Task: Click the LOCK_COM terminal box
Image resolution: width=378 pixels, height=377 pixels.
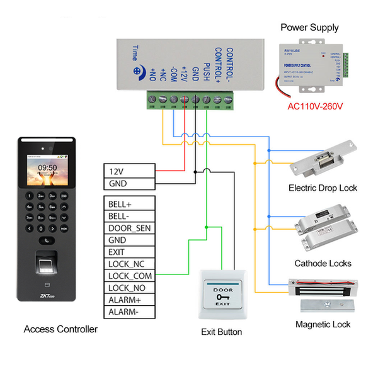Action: [x=129, y=276]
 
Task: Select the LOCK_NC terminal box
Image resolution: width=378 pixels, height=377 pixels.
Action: [x=129, y=264]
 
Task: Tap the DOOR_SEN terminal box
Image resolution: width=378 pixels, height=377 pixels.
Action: [x=129, y=228]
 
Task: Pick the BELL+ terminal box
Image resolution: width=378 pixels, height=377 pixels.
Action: [x=129, y=204]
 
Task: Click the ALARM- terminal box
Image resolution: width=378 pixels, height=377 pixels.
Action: [x=129, y=312]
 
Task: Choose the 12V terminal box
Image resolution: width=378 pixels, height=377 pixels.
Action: [x=129, y=171]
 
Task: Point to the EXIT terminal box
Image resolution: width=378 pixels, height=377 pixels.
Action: [x=129, y=252]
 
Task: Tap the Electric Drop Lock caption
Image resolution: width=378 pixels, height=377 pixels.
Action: [x=323, y=188]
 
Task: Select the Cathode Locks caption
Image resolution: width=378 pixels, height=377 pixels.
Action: [x=323, y=263]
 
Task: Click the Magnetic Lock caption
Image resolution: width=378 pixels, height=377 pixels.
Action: [x=323, y=325]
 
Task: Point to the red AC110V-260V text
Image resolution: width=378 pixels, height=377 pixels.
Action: [x=315, y=106]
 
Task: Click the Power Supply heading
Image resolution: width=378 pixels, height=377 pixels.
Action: [x=309, y=27]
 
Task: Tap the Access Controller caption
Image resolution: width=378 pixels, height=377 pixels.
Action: [x=60, y=329]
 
